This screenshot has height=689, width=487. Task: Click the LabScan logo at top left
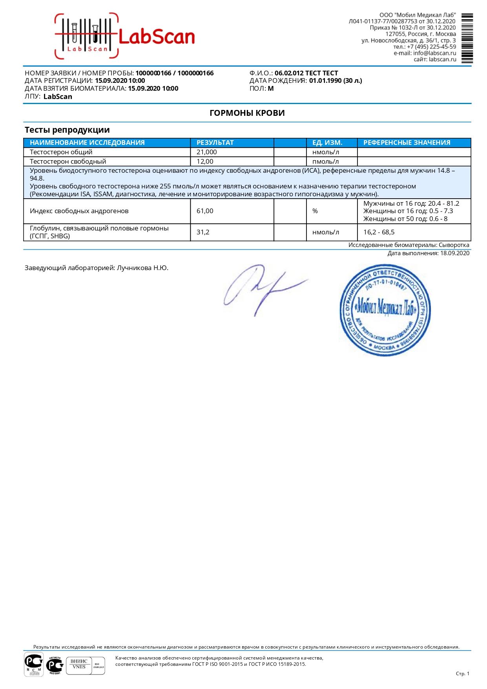pos(125,37)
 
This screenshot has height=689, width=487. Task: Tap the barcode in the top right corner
pos(467,38)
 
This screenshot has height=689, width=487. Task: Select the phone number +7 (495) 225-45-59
pos(431,47)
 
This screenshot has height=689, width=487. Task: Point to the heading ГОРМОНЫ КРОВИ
pos(247,113)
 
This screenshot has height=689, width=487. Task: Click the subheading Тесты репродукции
pos(67,130)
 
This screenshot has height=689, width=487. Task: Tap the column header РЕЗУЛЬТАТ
pos(215,143)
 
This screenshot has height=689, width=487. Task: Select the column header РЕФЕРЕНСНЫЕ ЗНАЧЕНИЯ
pos(407,143)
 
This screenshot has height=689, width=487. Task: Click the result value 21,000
pos(206,152)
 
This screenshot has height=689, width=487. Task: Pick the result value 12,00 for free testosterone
pos(205,161)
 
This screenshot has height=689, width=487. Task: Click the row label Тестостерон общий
pos(61,152)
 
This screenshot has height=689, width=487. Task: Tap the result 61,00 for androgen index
pos(205,211)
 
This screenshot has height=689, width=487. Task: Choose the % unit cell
pos(315,211)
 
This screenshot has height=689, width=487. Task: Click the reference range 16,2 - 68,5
pos(379,232)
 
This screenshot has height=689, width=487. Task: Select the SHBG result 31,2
pos(203,232)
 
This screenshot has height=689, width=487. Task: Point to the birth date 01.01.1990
pos(325,80)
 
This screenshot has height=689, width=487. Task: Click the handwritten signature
pos(263,289)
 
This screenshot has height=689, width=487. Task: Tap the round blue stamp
pos(385,310)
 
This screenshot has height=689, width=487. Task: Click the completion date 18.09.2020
pos(454,253)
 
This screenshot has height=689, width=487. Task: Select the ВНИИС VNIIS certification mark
pos(79,664)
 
